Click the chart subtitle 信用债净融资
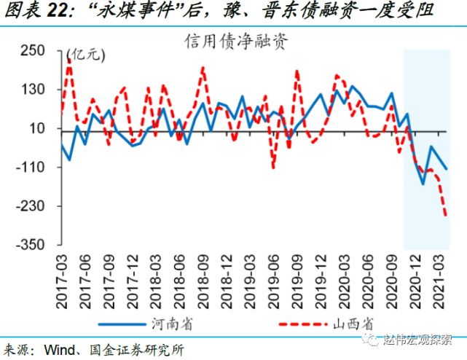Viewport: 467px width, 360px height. point(234,41)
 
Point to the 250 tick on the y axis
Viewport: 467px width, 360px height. point(34,50)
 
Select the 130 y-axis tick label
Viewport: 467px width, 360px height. point(34,89)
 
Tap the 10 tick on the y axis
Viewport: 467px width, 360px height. point(39,128)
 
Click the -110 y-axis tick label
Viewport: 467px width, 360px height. point(32,167)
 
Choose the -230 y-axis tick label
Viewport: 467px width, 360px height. point(32,206)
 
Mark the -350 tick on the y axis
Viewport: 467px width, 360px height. point(32,244)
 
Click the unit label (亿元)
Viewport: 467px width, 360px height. point(85,53)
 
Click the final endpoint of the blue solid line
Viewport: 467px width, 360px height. point(447,169)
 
